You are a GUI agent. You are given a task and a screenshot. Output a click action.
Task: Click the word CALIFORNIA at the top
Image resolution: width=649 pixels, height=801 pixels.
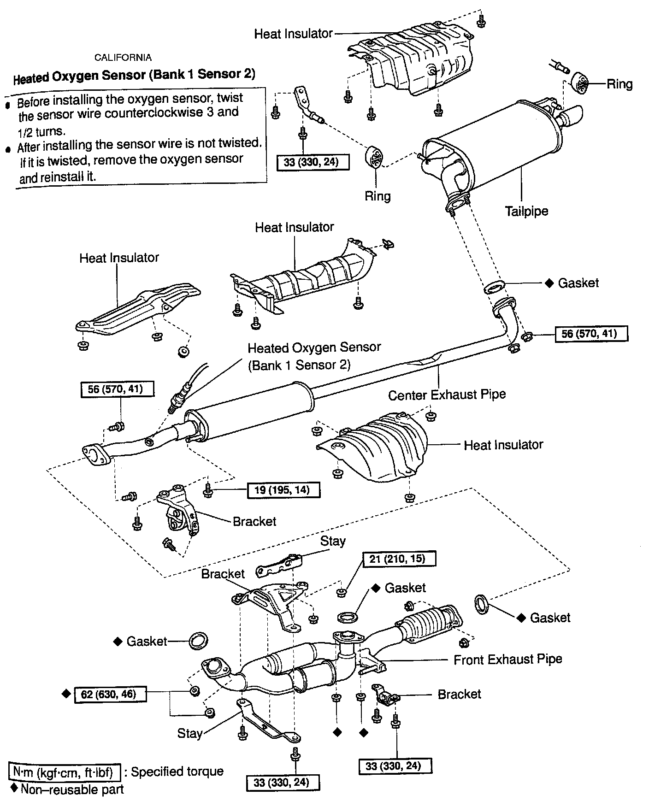point(123,58)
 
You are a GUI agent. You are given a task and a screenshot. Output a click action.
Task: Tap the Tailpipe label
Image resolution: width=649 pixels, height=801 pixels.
point(526,212)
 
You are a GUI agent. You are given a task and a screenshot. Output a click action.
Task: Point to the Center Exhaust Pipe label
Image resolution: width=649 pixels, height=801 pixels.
point(447,395)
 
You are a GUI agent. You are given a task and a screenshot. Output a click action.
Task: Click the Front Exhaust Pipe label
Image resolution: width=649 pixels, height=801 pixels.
point(507,660)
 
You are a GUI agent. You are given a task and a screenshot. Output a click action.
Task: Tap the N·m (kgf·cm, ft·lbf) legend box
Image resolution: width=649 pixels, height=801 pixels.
point(65,772)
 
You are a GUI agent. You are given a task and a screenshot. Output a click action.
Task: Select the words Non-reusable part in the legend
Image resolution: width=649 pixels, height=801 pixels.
point(72,789)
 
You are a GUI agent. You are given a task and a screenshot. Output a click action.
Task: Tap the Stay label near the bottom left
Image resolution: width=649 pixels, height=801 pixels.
point(190,733)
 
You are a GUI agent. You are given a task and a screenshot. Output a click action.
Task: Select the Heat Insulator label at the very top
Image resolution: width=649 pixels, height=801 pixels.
point(293,34)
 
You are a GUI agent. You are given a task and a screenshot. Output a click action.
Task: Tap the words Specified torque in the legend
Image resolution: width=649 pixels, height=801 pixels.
point(177,772)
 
